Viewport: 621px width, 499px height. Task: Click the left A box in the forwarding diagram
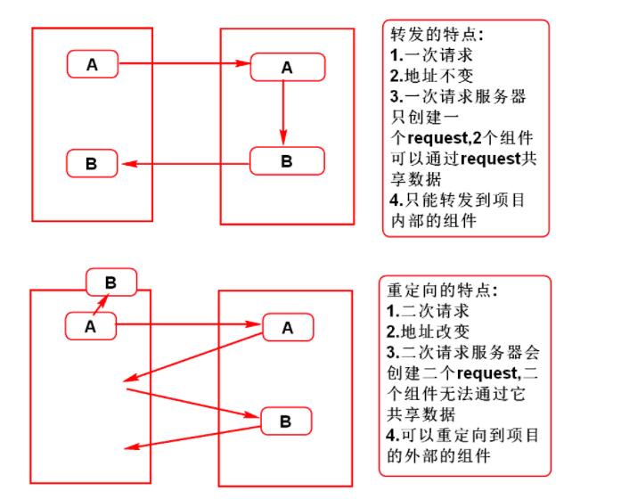click(92, 64)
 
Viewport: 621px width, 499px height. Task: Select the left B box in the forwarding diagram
click(92, 165)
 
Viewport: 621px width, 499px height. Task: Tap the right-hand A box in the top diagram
click(287, 68)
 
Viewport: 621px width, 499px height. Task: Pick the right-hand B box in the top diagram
click(287, 161)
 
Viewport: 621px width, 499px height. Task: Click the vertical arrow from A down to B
click(283, 112)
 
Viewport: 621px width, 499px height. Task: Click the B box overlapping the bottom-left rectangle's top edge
click(110, 282)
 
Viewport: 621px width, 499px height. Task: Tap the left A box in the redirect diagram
click(90, 326)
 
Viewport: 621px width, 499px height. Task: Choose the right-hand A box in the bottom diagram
click(287, 328)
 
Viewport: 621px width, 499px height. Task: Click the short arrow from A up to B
click(102, 306)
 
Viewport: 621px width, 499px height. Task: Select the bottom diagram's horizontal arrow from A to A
click(190, 326)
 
